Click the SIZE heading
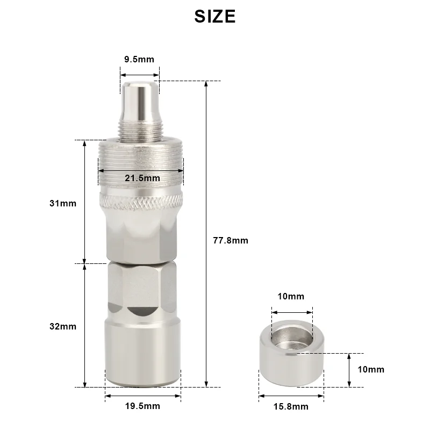pyautogui.click(x=215, y=16)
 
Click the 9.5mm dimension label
pyautogui.click(x=139, y=59)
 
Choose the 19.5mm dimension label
pyautogui.click(x=142, y=406)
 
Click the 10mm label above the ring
pyautogui.click(x=291, y=296)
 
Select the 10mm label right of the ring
pyautogui.click(x=371, y=369)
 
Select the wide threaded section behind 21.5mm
pyautogui.click(x=141, y=159)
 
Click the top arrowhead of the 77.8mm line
pyautogui.click(x=206, y=84)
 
